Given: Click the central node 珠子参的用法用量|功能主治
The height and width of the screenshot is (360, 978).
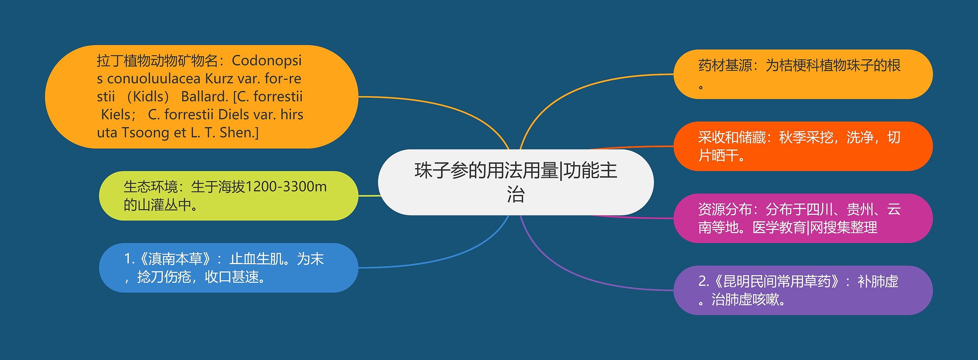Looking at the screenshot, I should [x=515, y=182].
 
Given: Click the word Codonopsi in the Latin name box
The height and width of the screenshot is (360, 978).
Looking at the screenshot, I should [x=267, y=60].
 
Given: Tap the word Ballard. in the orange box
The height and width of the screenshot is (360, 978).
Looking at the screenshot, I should [x=204, y=97].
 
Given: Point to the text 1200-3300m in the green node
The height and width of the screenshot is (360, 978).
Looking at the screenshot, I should [x=286, y=187].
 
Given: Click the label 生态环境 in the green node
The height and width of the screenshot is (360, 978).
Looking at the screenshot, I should [x=151, y=187].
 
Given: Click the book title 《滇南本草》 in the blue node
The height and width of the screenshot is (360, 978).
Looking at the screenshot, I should [x=175, y=259].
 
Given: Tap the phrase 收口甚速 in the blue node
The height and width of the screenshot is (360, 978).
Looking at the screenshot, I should [x=232, y=277].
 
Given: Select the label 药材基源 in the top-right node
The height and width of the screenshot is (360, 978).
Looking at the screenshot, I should [x=725, y=65].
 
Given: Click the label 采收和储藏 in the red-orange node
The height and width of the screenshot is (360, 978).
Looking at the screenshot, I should [x=732, y=137].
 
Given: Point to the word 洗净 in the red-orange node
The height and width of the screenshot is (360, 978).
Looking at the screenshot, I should [x=860, y=137].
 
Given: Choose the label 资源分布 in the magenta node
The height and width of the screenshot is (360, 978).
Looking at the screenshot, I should [x=725, y=209].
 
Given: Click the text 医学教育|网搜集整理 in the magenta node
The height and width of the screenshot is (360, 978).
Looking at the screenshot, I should [x=815, y=228].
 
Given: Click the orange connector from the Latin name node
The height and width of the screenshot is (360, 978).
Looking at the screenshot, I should [x=439, y=107].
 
